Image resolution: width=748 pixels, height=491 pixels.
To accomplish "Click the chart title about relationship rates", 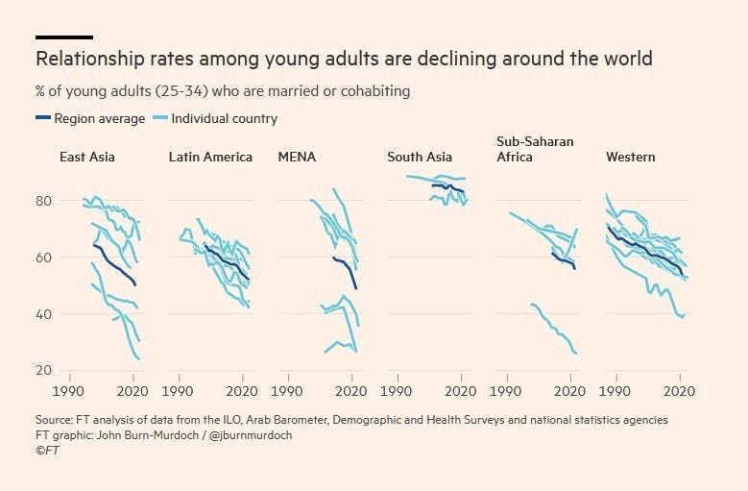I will (344, 59).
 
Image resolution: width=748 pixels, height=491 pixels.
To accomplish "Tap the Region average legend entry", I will (91, 118).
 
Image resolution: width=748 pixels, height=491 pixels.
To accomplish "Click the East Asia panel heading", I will (86, 157).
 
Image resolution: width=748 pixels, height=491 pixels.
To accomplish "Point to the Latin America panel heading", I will (210, 157).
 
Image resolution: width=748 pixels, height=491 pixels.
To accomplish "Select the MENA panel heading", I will (297, 157).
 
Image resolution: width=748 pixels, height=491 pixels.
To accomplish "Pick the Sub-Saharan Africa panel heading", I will (535, 149).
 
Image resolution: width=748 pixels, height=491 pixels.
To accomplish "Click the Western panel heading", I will (631, 157).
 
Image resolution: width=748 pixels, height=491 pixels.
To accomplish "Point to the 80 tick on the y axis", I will (43, 201).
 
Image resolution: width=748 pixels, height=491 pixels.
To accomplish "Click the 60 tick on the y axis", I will (43, 258).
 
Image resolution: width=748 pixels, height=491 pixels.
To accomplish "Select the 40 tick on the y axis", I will (43, 314).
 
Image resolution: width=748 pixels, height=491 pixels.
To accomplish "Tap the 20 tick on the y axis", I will (43, 371).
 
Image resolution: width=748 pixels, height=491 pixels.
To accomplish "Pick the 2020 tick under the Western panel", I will (680, 392).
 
